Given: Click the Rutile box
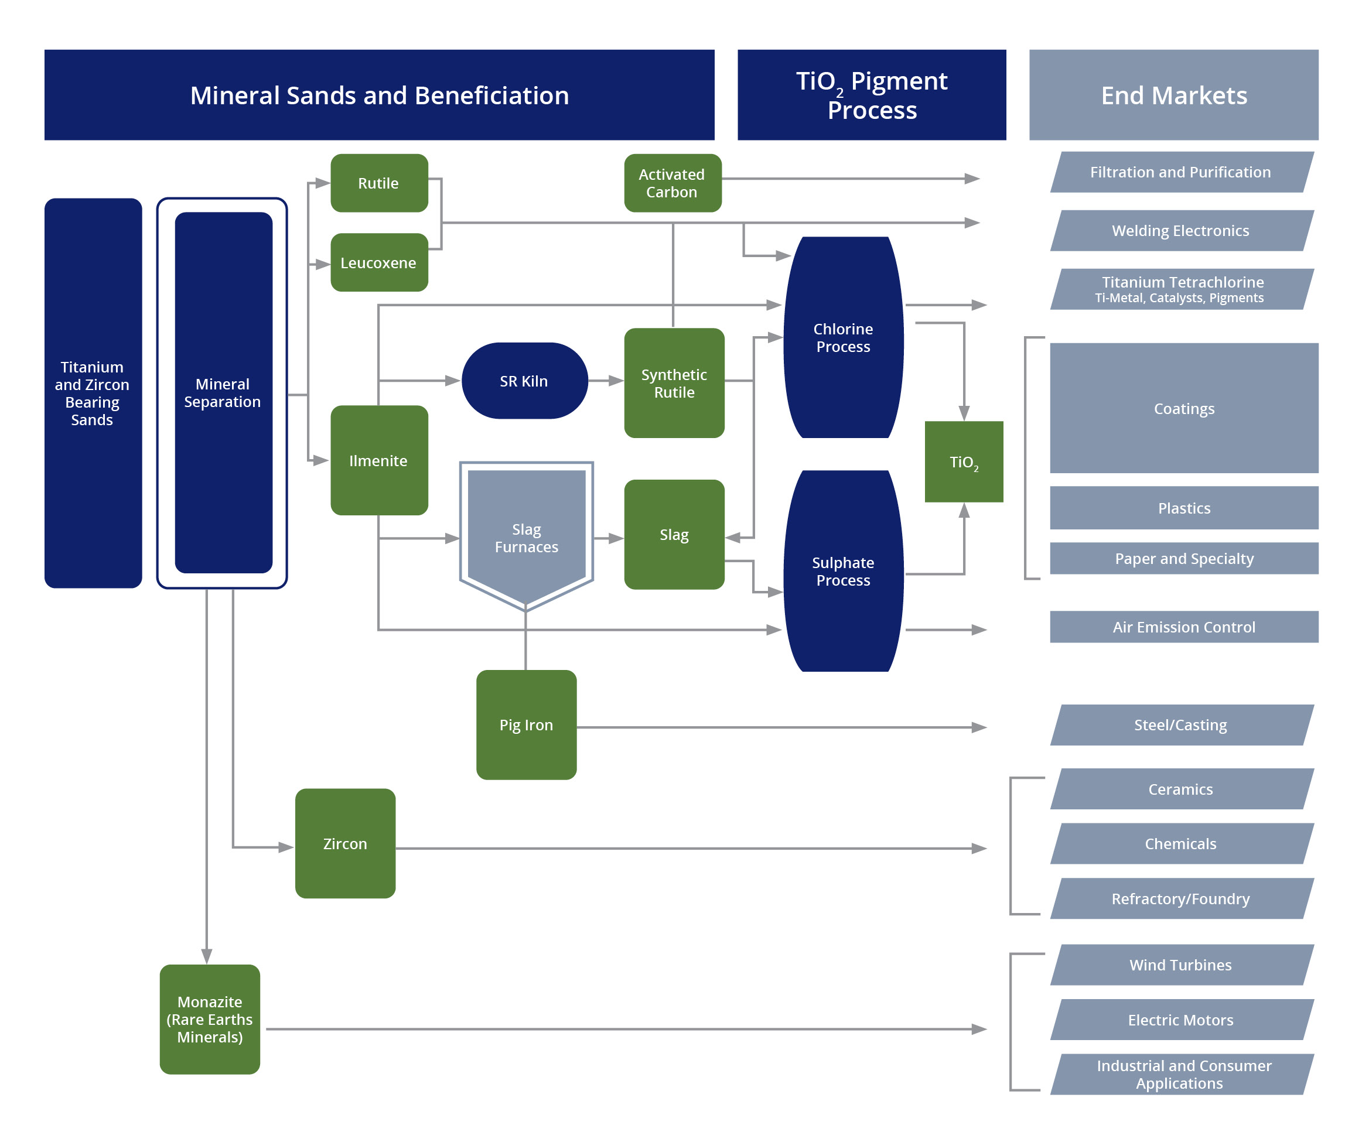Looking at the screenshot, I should (x=379, y=183).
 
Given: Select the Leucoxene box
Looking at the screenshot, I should (x=379, y=262).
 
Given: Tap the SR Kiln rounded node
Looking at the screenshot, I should (x=524, y=381).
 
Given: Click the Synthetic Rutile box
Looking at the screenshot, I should (x=674, y=383).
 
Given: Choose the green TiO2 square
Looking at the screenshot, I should (x=964, y=461).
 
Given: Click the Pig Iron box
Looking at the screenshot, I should (x=526, y=724).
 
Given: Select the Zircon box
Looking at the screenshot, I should (x=345, y=843).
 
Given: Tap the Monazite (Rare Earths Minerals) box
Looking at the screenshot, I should (x=210, y=1019).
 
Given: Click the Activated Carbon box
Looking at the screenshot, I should (x=672, y=183).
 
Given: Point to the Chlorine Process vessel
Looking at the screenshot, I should (x=843, y=337).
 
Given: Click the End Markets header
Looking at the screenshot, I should (x=1173, y=95).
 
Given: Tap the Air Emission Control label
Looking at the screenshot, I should (x=1184, y=627).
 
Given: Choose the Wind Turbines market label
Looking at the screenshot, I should (x=1180, y=965).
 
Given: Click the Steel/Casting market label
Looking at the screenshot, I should (x=1180, y=725).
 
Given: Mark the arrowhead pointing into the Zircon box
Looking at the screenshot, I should (x=286, y=847).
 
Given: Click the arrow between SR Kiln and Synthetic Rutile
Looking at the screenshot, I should (x=607, y=381).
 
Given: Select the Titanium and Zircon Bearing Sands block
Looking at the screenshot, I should (x=93, y=393).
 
